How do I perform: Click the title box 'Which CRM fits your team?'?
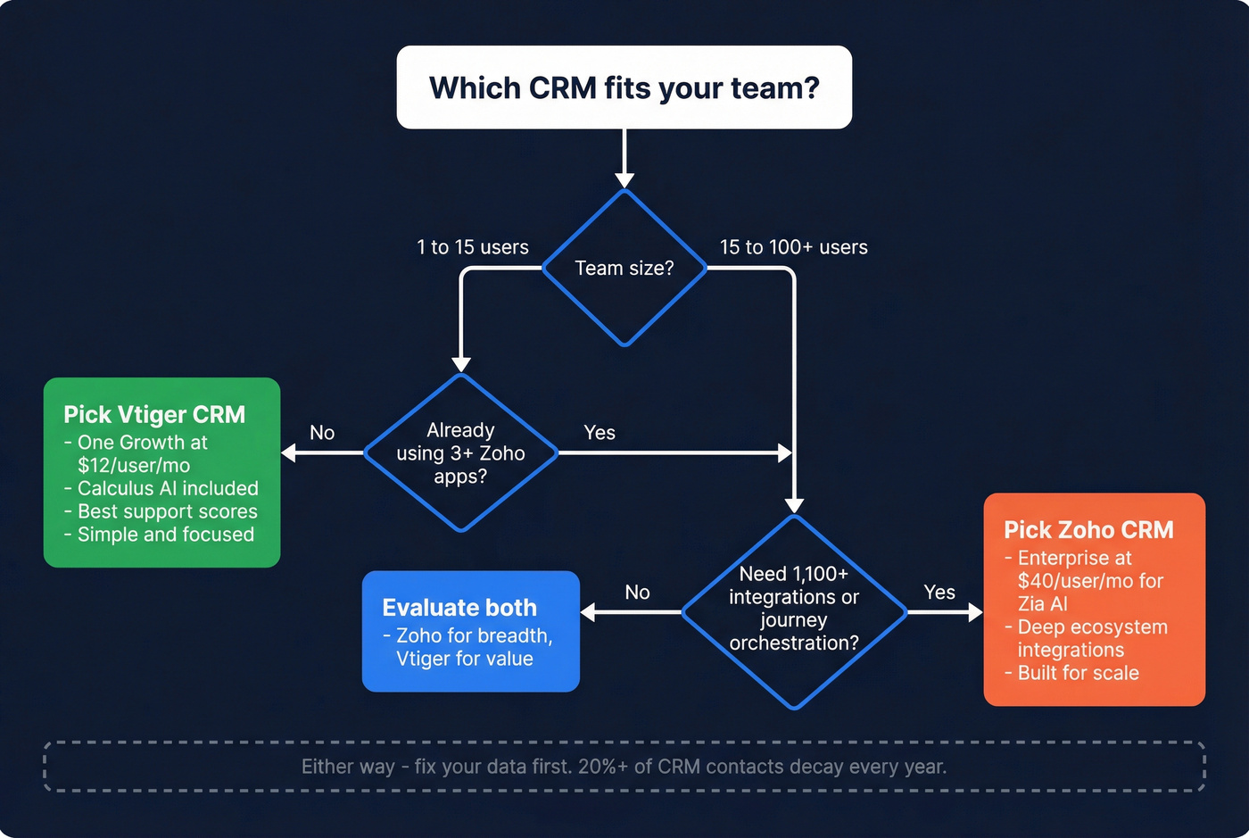click(x=624, y=87)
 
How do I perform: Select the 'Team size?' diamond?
click(x=624, y=268)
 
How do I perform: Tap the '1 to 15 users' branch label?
click(x=473, y=247)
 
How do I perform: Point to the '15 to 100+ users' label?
click(x=793, y=247)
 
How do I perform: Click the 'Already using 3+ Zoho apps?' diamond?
click(x=460, y=452)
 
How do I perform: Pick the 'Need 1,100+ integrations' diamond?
click(x=793, y=610)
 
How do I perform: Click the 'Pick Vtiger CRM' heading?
click(x=154, y=414)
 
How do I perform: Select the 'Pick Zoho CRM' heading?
click(x=1088, y=529)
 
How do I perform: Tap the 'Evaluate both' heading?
click(x=459, y=608)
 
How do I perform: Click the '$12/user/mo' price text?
click(x=134, y=465)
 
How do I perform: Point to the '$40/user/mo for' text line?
click(x=1090, y=581)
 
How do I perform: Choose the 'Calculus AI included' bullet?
click(x=168, y=488)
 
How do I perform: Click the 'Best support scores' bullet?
click(x=167, y=511)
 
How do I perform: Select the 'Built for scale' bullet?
click(x=1078, y=673)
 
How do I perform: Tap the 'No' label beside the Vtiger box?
click(x=322, y=433)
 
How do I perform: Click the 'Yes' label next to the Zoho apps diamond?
click(x=600, y=433)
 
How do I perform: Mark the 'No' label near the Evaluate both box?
click(x=637, y=593)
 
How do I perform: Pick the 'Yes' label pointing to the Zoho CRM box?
click(x=939, y=593)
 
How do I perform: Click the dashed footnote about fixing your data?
click(x=624, y=767)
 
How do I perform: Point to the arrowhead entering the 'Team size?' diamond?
click(x=624, y=181)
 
